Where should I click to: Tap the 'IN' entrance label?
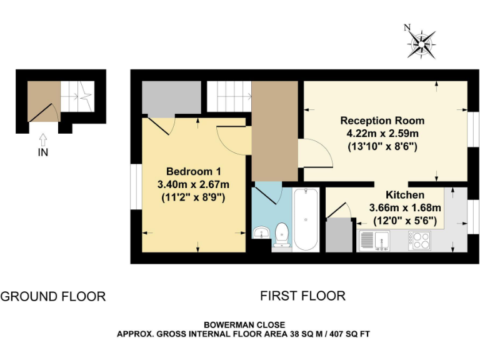click(43, 151)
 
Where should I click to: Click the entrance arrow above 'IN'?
click(43, 139)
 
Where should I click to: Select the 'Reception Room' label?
click(382, 121)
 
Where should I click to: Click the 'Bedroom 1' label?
click(193, 171)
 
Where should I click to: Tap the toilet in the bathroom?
click(282, 235)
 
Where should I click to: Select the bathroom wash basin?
click(261, 233)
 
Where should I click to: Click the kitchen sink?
click(375, 239)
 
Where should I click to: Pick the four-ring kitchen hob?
click(418, 239)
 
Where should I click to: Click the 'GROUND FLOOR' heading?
click(53, 296)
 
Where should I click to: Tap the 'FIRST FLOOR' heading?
click(302, 296)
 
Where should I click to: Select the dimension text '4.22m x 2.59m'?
click(382, 134)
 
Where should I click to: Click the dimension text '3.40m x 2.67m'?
click(193, 184)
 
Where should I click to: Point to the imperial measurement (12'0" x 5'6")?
click(404, 221)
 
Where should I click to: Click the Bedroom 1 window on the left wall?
click(134, 186)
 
